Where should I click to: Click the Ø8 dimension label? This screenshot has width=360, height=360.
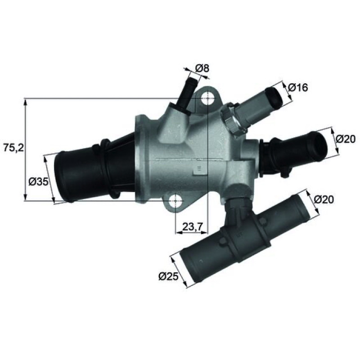tap(202, 69)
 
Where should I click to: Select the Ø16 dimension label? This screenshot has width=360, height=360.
tap(298, 87)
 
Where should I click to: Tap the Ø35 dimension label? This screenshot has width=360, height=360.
tap(39, 182)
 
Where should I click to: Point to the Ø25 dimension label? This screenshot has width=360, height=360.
tap(168, 277)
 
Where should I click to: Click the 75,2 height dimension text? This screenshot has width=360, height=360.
tap(14, 148)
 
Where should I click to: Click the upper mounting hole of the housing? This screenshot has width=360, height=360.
tap(207, 98)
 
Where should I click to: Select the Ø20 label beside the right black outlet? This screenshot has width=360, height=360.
tap(345, 139)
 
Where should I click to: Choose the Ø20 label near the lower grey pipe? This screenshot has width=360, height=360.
tap(324, 199)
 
